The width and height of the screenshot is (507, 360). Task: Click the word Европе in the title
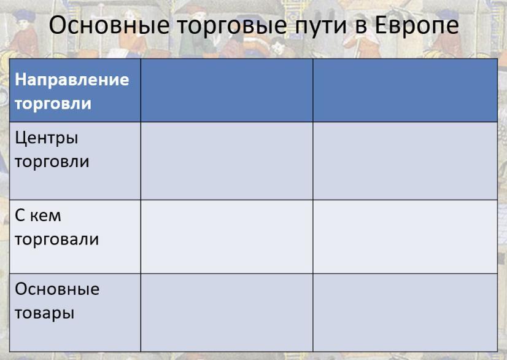(417, 26)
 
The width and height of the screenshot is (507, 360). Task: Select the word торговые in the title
(232, 27)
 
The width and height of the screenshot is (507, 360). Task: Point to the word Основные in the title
(109, 25)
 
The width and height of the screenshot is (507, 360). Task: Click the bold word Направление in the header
(72, 80)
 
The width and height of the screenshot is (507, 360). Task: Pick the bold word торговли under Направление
(53, 104)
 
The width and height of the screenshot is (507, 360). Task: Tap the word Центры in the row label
(47, 139)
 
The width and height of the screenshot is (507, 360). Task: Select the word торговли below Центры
(52, 162)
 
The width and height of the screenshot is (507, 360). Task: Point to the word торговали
(56, 240)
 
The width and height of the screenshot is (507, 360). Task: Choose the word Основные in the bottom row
(57, 289)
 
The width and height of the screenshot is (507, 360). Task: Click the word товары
(45, 313)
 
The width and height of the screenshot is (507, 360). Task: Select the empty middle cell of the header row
(226, 90)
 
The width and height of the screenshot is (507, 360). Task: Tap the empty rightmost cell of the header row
(405, 90)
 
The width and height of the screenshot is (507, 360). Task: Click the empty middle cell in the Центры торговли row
(226, 161)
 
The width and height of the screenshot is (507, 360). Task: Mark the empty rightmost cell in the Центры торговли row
(405, 161)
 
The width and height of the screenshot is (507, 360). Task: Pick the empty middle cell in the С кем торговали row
(226, 237)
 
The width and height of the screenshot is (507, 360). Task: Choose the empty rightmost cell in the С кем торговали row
(405, 237)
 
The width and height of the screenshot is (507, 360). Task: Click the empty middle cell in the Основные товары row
(226, 313)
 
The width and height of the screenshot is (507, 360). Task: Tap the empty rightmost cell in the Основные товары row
(405, 313)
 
